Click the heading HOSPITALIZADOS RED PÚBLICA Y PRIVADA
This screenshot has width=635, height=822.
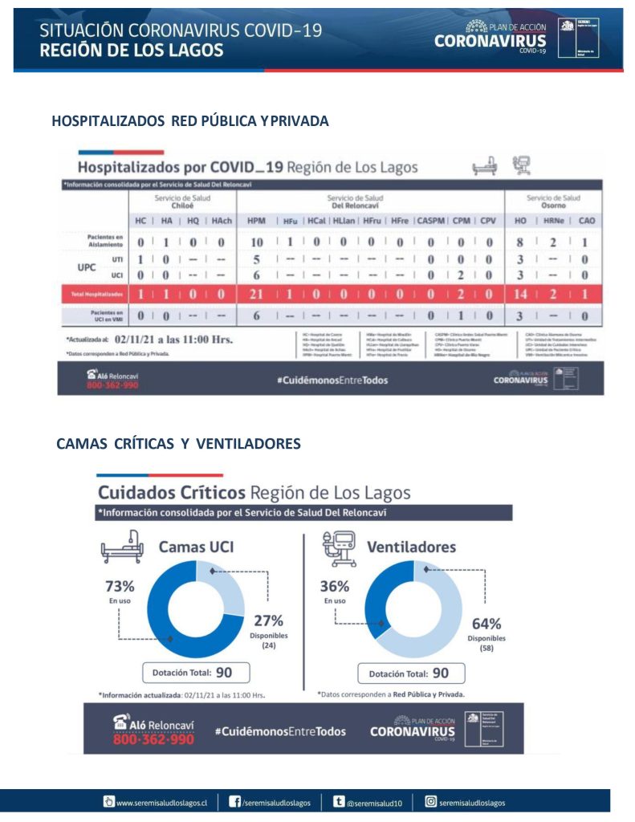(190, 121)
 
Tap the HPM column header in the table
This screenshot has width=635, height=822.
(257, 220)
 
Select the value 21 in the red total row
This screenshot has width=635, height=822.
(257, 295)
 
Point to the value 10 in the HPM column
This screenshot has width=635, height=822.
(257, 242)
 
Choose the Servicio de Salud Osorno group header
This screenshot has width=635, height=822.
(553, 201)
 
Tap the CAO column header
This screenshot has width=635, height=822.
(587, 220)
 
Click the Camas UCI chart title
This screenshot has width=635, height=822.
(196, 547)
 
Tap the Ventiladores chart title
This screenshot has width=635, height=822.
(411, 547)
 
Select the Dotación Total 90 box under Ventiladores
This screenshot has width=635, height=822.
(408, 673)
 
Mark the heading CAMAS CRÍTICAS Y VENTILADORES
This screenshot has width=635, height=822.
(179, 444)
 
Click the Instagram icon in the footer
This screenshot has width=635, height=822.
(431, 801)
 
